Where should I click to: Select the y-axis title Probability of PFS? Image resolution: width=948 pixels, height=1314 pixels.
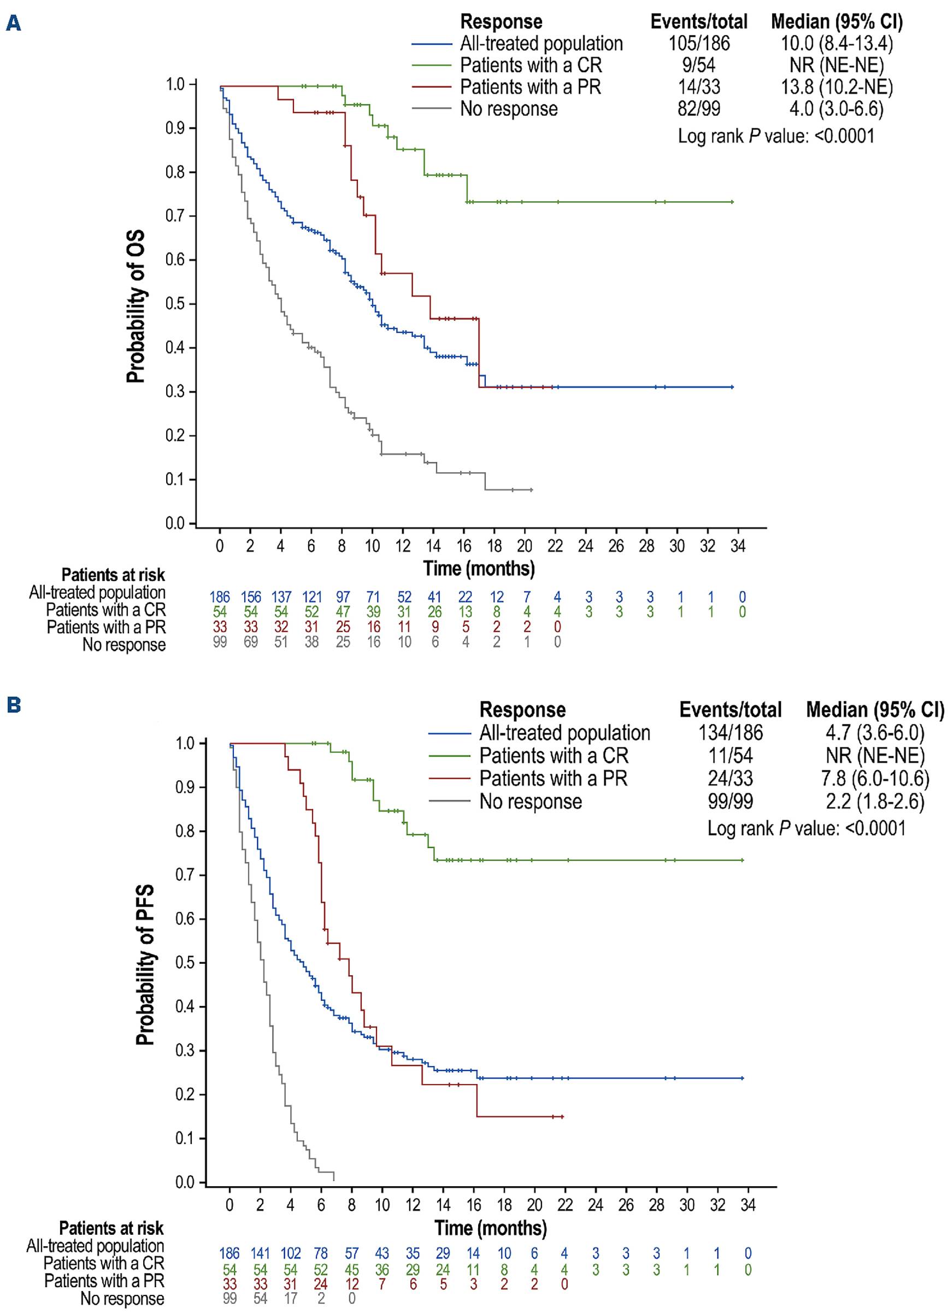tap(145, 965)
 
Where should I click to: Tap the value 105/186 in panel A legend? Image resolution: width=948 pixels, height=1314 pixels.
tap(699, 44)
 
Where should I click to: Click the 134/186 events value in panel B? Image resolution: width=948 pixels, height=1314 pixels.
tap(730, 733)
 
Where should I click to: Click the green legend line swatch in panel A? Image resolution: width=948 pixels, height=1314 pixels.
tap(431, 66)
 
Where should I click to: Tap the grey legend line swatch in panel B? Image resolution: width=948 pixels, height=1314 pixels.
tap(450, 802)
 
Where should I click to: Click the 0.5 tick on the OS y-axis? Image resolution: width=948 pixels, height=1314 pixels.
tap(176, 304)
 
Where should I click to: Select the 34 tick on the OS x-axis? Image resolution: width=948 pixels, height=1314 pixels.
tap(738, 546)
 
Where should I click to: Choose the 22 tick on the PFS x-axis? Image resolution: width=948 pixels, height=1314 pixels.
tap(565, 1205)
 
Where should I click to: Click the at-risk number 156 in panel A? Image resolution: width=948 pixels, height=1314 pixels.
tap(250, 597)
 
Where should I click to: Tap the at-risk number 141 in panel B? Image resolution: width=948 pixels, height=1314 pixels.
tap(260, 1253)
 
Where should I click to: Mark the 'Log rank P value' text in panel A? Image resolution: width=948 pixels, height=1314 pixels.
tap(776, 136)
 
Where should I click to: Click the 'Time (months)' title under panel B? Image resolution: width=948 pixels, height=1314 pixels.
tap(490, 1228)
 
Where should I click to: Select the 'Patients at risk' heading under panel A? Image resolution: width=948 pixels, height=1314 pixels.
tap(113, 575)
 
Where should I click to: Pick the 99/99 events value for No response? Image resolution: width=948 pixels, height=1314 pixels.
tap(730, 802)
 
